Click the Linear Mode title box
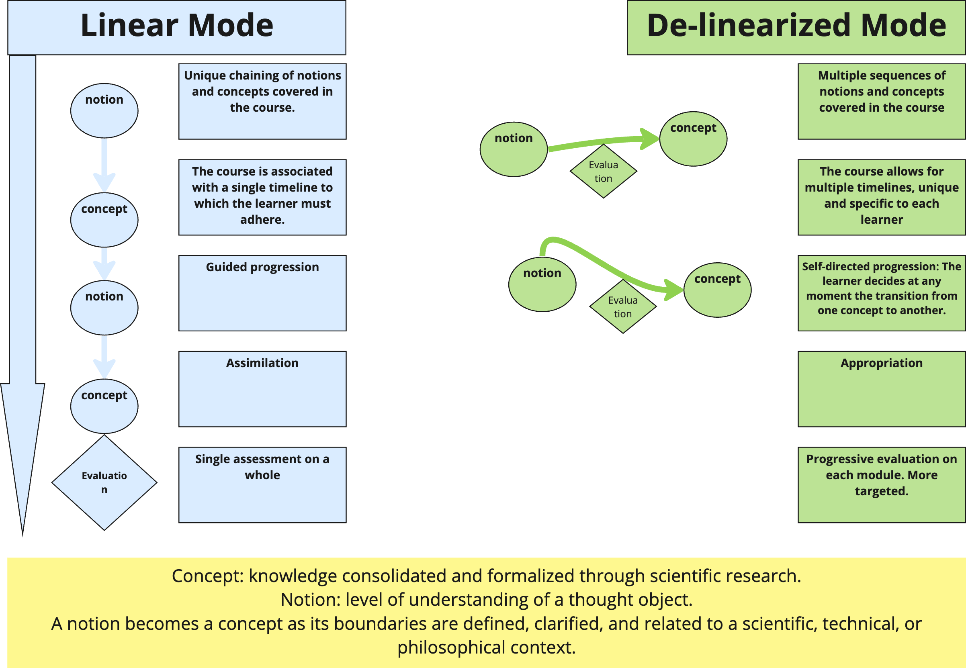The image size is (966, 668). [177, 27]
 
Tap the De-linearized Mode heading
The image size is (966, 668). [796, 27]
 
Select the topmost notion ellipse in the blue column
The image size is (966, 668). [104, 110]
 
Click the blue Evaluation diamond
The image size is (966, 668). [104, 482]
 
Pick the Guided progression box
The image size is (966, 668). [262, 293]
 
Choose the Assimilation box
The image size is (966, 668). [262, 389]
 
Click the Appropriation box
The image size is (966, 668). [882, 389]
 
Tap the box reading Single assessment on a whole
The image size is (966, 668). [262, 485]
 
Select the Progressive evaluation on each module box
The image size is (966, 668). [882, 485]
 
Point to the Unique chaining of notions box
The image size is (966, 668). [262, 101]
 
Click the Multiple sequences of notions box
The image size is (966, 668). [882, 101]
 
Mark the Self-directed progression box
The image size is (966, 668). [882, 293]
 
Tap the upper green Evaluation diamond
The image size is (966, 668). [604, 171]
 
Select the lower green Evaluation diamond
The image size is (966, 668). [623, 306]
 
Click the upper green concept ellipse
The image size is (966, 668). [693, 139]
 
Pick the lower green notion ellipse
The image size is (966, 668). [542, 284]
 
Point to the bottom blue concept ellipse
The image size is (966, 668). [104, 406]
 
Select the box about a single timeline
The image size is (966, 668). [262, 197]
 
